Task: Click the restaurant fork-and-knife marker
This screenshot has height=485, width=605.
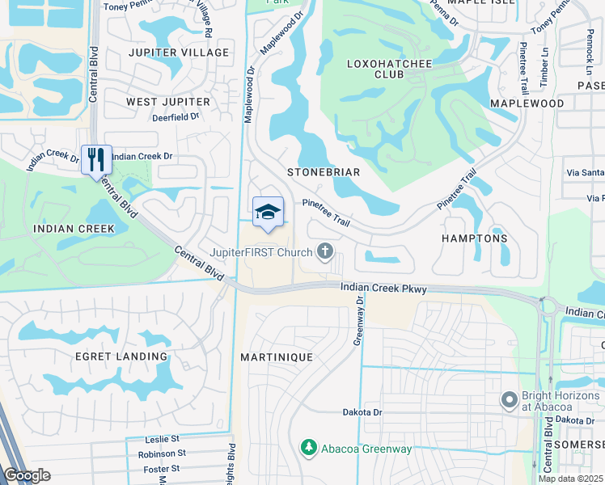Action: pyautogui.click(x=96, y=158)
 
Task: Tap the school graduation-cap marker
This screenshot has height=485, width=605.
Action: pyautogui.click(x=268, y=212)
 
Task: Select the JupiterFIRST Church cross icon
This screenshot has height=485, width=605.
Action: pyautogui.click(x=325, y=252)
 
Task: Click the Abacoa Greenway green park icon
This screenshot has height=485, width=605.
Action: pyautogui.click(x=307, y=446)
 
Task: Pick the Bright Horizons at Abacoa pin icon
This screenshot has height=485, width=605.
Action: pyautogui.click(x=509, y=399)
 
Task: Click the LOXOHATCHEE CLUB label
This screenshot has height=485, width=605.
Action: pyautogui.click(x=376, y=69)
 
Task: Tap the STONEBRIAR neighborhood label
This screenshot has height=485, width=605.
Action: pyautogui.click(x=324, y=172)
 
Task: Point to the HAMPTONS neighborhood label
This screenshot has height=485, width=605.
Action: pyautogui.click(x=474, y=238)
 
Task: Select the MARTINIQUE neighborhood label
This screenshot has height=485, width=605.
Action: pyautogui.click(x=277, y=356)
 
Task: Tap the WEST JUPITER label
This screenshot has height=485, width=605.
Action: pyautogui.click(x=168, y=102)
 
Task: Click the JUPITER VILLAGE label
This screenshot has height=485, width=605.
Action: pyautogui.click(x=179, y=53)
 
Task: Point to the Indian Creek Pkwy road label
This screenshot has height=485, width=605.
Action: pyautogui.click(x=383, y=288)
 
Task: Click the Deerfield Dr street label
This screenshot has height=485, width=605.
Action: pyautogui.click(x=176, y=117)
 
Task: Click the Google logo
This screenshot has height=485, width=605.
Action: pyautogui.click(x=27, y=475)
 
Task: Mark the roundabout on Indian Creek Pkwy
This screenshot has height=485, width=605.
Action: pyautogui.click(x=548, y=306)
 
